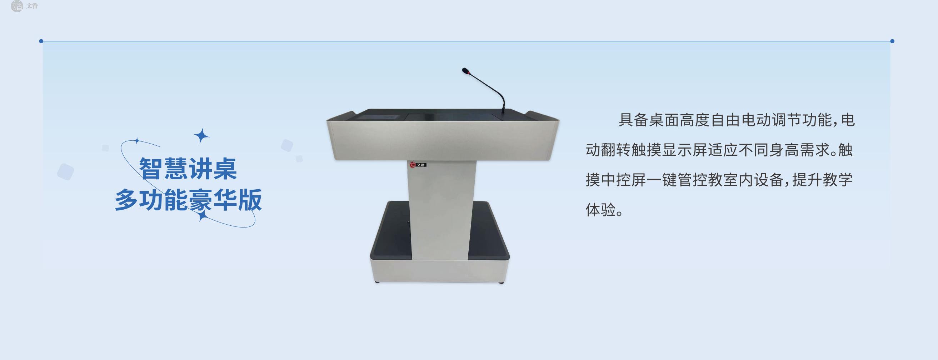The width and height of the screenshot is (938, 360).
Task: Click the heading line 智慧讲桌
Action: click(x=188, y=169)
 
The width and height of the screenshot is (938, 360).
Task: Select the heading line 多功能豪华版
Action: click(x=188, y=200)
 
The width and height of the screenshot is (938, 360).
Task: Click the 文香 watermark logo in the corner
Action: click(x=24, y=6)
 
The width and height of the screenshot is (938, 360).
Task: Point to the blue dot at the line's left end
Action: click(x=41, y=41)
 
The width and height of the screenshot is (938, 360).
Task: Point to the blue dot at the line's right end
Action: click(x=892, y=41)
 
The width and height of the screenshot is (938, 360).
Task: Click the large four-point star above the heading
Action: click(x=201, y=136)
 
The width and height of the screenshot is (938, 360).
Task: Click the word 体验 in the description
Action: click(x=601, y=210)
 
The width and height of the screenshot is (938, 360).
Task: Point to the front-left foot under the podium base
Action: click(x=378, y=282)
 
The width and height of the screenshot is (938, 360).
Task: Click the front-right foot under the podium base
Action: click(x=501, y=282)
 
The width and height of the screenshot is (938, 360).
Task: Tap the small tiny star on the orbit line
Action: click(x=137, y=140)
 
